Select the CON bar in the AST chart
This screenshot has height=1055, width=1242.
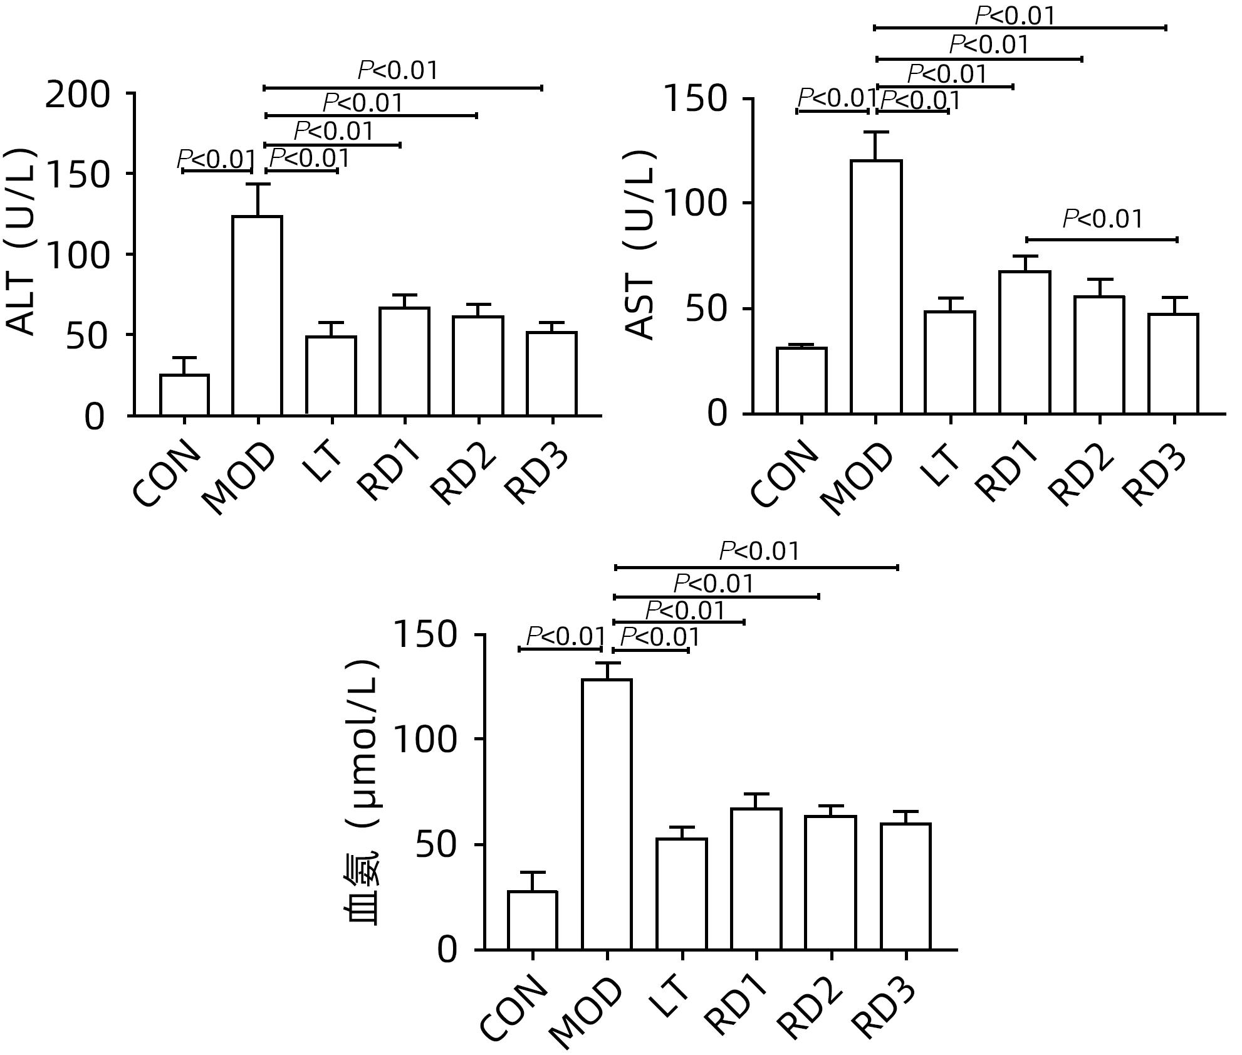pos(801,381)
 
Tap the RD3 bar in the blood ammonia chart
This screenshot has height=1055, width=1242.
pos(905,886)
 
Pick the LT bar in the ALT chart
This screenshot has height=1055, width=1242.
pos(331,375)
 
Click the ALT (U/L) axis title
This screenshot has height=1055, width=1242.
pos(22,241)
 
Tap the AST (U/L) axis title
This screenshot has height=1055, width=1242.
pos(641,244)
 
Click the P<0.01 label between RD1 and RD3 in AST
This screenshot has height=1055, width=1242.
pos(1103,219)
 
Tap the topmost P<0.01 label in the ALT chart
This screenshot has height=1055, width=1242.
pos(398,71)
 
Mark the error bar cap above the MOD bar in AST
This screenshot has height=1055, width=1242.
pos(876,132)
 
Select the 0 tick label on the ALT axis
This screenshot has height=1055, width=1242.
pos(94,417)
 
